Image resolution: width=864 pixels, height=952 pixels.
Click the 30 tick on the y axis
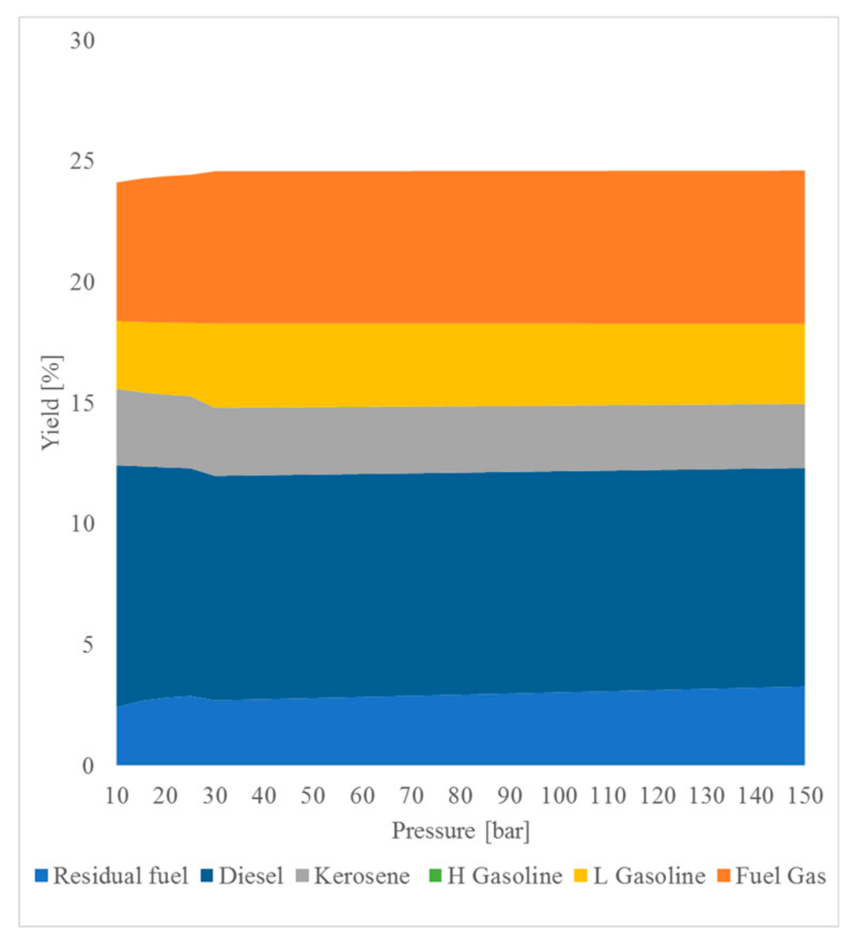tap(82, 41)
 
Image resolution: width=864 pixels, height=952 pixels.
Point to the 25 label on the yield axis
tap(82, 161)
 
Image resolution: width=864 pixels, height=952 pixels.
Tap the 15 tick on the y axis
tap(82, 403)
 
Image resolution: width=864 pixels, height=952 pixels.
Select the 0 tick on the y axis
tap(88, 766)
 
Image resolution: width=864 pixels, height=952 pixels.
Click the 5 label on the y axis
tap(88, 645)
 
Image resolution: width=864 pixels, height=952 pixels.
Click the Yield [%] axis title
tap(51, 403)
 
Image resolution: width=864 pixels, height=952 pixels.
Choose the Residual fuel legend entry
tap(112, 876)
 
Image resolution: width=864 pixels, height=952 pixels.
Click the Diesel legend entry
tap(243, 876)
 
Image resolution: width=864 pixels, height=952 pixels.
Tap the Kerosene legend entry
tap(354, 876)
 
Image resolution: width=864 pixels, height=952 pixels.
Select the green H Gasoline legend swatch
tap(435, 876)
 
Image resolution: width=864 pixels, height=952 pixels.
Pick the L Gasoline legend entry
tap(640, 876)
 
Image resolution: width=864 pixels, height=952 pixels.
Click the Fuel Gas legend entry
tap(772, 876)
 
